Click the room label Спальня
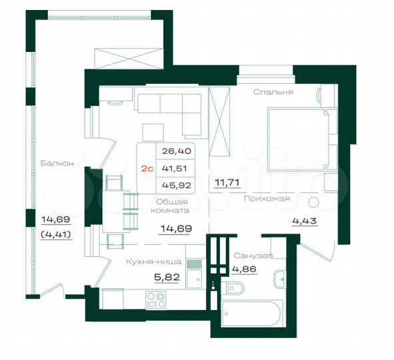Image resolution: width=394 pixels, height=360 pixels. point(273,92)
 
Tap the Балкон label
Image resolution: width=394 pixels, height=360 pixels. point(51,163)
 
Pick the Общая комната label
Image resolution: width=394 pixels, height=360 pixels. point(173,205)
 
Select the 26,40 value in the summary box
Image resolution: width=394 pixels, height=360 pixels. point(172,151)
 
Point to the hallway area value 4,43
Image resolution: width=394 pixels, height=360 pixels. point(304,223)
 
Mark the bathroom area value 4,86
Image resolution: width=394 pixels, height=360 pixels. point(244,271)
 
